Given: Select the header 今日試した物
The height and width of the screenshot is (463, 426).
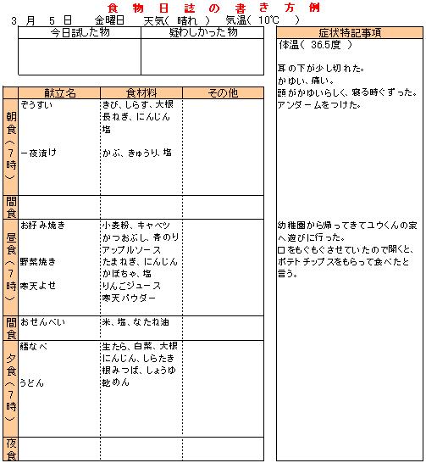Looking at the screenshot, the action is [80, 32].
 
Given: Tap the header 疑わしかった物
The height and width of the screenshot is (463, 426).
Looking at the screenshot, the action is [203, 32].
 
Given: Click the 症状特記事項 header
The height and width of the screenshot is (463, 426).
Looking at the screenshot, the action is [349, 32].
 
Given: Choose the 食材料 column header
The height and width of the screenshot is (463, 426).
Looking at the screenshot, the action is [141, 92].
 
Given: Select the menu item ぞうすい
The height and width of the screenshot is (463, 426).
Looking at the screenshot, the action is [37, 104].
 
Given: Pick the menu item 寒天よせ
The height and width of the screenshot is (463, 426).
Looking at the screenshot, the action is [40, 286].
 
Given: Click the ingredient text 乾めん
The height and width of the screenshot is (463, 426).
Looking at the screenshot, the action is [114, 383].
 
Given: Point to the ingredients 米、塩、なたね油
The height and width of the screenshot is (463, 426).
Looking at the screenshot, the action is [136, 323].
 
